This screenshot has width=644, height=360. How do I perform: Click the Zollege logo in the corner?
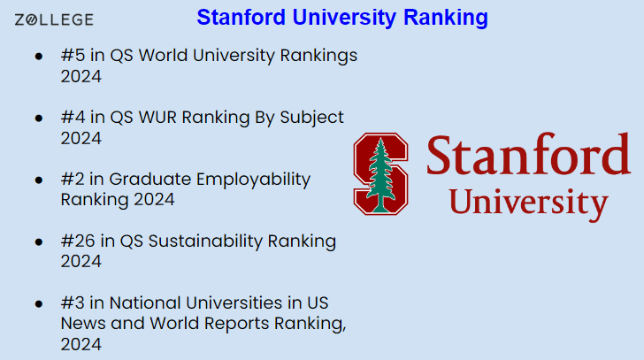54,19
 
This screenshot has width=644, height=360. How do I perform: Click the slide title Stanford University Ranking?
341,18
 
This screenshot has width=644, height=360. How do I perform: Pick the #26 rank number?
77,241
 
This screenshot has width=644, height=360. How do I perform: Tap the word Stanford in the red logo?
528,156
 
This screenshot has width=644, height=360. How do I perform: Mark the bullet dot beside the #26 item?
39,241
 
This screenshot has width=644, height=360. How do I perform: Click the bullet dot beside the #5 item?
39,56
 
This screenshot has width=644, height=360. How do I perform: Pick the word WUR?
154,118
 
